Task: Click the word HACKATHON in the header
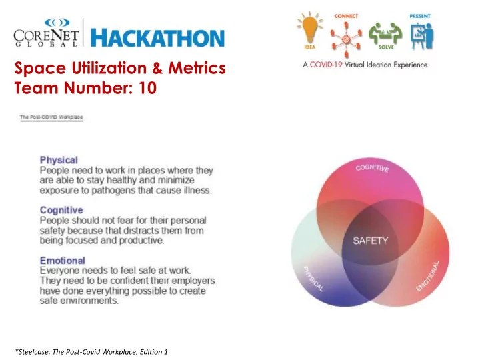point(157,38)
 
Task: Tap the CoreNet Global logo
point(46,33)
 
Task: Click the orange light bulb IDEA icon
point(310,30)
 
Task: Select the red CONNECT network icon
point(346,35)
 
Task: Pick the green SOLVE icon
point(385,36)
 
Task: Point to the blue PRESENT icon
point(421,31)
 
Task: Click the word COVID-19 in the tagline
point(326,65)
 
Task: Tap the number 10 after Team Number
point(147,88)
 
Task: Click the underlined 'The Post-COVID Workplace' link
point(51,117)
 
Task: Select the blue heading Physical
point(59,160)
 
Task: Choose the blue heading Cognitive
point(61,210)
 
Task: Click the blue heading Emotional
point(63,261)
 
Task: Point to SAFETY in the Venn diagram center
point(371,241)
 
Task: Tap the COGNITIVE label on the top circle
point(372,168)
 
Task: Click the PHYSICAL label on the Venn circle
point(313,279)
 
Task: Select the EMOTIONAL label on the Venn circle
point(427,277)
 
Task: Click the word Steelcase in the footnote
point(32,352)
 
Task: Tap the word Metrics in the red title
point(197,67)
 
